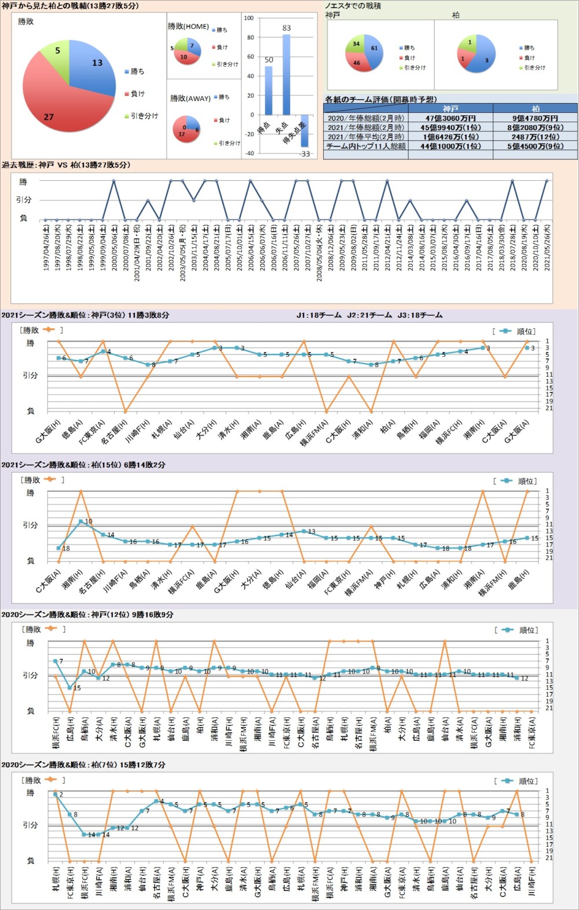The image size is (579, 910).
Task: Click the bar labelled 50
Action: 269,90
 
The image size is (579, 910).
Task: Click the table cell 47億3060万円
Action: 450,118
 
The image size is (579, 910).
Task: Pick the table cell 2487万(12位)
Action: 536,137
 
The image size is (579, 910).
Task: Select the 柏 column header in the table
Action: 536,109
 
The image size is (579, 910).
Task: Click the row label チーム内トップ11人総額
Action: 366,146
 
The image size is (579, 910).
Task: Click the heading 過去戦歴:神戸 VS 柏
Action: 66,165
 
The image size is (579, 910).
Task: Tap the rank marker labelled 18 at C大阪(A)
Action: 58,547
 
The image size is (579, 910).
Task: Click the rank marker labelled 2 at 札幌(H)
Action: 56,794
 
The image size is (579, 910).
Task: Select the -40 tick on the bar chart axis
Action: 249,154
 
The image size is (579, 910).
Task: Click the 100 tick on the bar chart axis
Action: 249,18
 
